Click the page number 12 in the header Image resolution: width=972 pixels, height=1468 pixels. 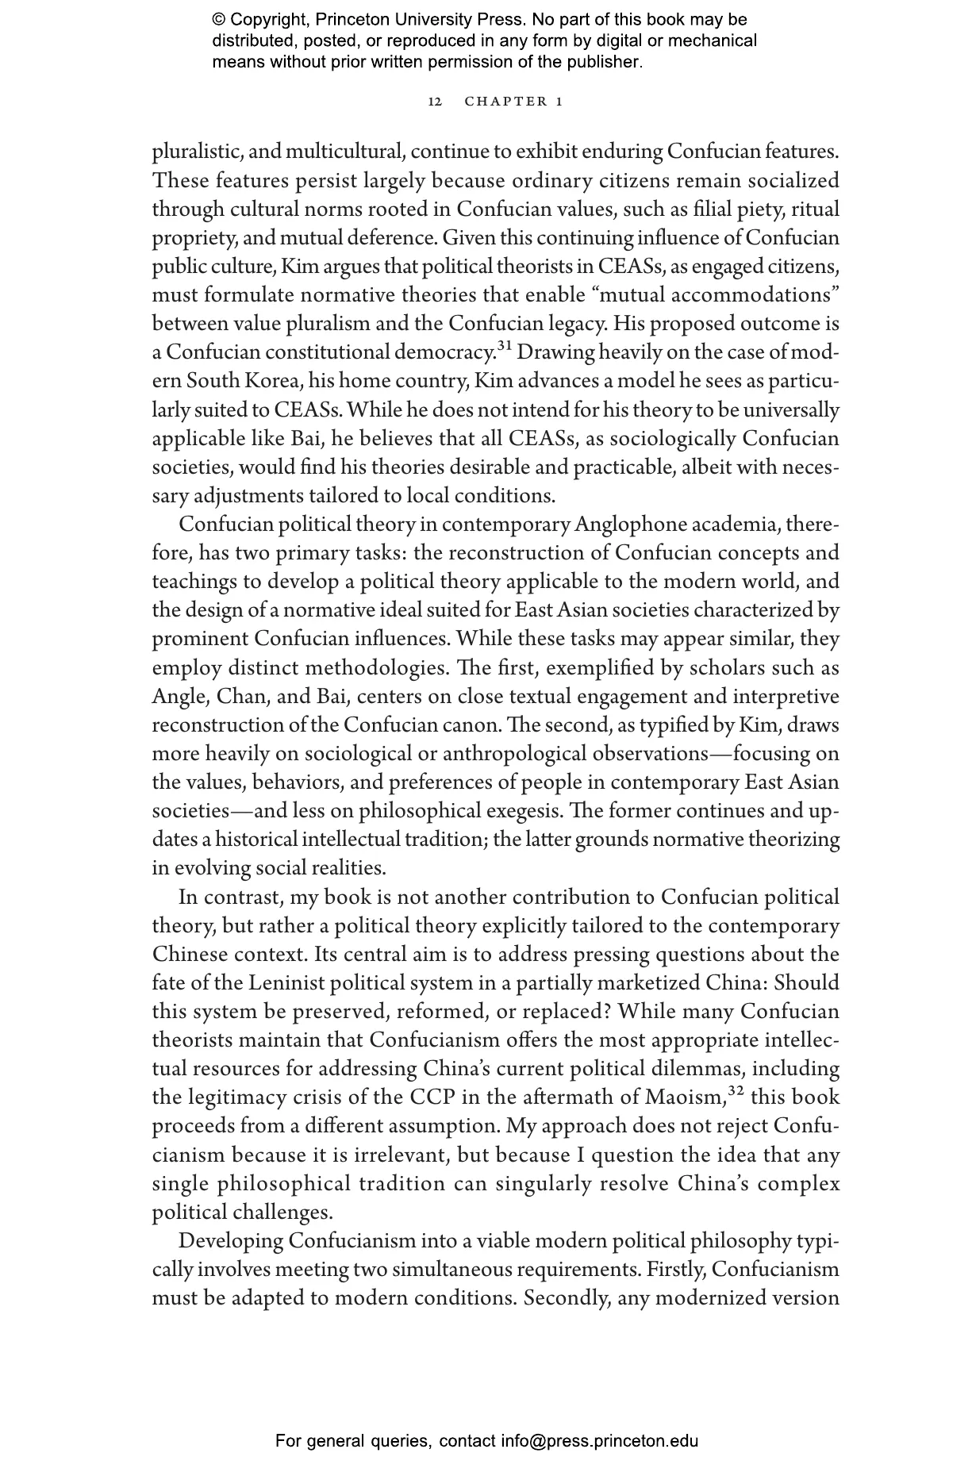point(435,102)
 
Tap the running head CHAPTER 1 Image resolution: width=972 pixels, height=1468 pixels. point(513,102)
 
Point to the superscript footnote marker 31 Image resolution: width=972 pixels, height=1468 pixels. point(505,345)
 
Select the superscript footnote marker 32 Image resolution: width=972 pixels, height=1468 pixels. point(737,1091)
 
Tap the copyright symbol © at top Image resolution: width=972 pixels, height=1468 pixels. point(219,20)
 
